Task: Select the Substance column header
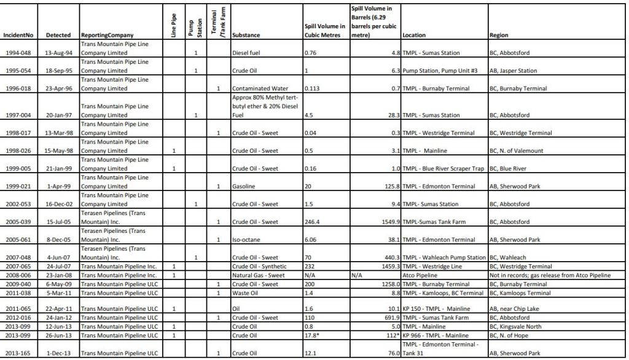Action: pos(249,36)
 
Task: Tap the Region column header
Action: pos(499,36)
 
